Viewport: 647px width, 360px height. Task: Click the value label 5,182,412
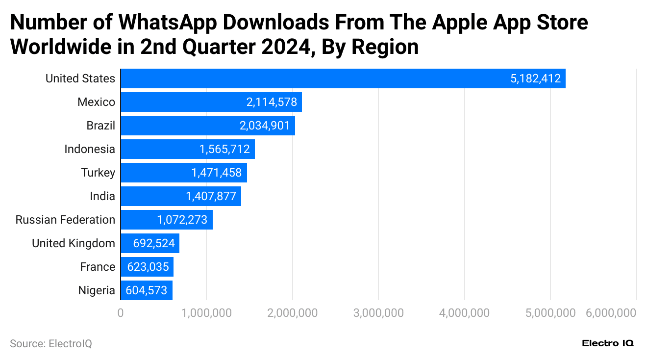tap(535, 78)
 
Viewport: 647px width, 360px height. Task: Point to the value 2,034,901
tap(265, 126)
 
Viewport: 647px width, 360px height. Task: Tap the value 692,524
tap(151, 243)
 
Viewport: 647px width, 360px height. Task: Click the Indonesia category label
tap(90, 149)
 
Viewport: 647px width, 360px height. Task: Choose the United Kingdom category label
tap(74, 243)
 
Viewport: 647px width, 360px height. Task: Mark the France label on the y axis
tap(98, 267)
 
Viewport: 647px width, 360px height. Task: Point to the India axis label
tap(102, 196)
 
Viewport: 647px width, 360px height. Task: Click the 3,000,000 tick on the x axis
tap(378, 313)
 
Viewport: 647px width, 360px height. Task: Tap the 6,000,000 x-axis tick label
tap(611, 313)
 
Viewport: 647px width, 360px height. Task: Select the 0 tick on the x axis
tap(121, 313)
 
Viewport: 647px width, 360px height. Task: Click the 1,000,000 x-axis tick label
tap(206, 313)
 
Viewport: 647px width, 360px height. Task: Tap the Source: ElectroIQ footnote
tap(51, 344)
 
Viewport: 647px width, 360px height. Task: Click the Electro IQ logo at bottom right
tap(608, 343)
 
